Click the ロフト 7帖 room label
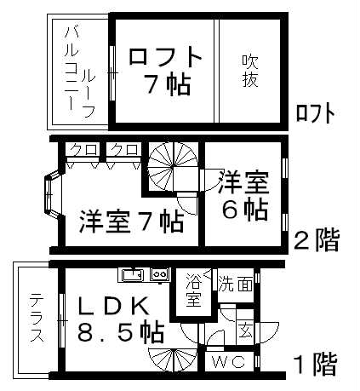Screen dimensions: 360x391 coord(165,70)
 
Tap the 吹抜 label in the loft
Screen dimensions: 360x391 coord(250,71)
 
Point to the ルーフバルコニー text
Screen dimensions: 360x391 coord(79,72)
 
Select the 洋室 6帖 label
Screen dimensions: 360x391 coord(244,196)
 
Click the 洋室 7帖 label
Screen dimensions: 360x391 coord(132,222)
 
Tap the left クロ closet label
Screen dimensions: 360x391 coord(83,149)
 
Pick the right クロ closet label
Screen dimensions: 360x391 coord(123,149)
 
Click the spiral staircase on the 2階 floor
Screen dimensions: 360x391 coord(173,168)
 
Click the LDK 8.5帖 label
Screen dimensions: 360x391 coord(120,319)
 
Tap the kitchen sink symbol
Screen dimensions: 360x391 coord(132,275)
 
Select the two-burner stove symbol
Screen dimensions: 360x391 coord(160,274)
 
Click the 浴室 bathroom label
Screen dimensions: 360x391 coord(193,290)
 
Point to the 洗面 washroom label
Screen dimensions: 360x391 coord(235,285)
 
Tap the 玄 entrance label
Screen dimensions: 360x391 coord(245,331)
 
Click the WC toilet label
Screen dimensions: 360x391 coord(229,362)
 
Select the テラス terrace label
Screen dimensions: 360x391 coord(37,318)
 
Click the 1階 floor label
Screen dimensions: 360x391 coord(316,365)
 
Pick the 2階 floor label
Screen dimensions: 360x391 coord(316,240)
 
